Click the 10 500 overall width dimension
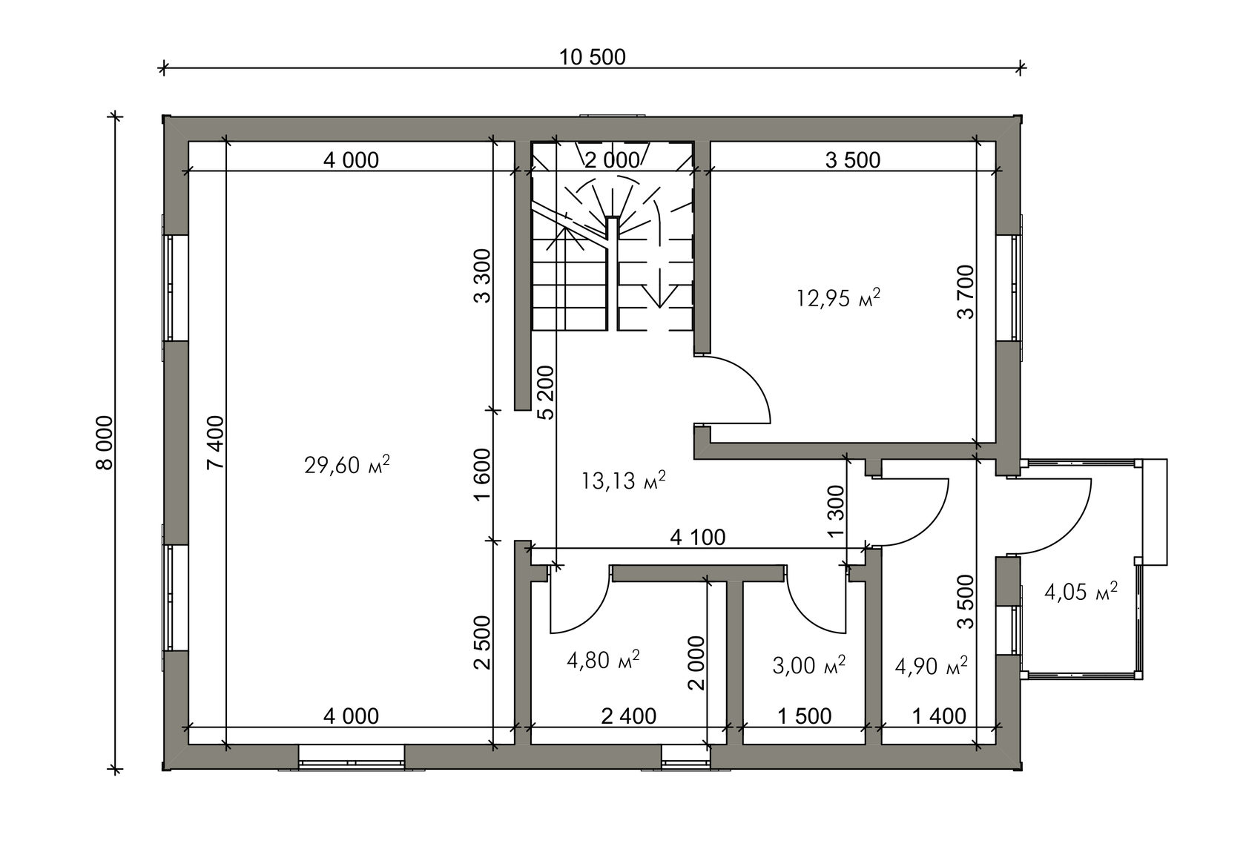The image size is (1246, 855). point(592,57)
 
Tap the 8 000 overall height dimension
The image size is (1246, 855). point(104,443)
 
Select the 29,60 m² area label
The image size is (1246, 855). point(346,464)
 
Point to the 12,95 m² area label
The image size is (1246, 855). point(838,297)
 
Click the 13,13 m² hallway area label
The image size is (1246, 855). point(624,480)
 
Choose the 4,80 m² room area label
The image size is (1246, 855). point(603,660)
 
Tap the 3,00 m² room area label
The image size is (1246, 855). point(808,664)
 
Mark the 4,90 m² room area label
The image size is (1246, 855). point(932,664)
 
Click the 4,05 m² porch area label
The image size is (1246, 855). point(1081,592)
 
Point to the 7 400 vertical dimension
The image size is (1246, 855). point(215,442)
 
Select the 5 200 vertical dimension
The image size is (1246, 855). point(546,392)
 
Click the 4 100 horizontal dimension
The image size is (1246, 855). point(697,538)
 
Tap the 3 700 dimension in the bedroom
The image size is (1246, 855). point(966,291)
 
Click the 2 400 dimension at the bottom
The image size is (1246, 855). point(629,716)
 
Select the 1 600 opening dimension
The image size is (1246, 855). point(482,475)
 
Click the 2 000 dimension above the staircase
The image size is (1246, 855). point(612,160)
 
